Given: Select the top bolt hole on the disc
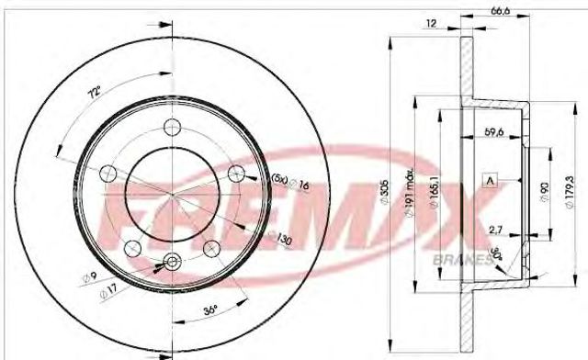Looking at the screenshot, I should click(171, 127).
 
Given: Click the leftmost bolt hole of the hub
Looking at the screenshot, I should click(107, 172).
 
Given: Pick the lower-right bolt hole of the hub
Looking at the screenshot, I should click(210, 246).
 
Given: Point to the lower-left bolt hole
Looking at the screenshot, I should click(131, 246).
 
